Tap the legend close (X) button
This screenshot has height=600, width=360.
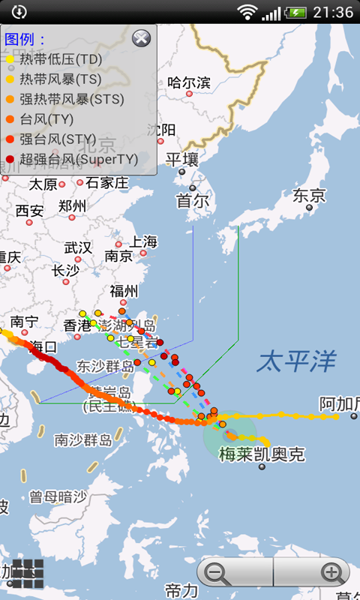pyautogui.click(x=140, y=39)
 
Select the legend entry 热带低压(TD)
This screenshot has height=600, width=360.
pyautogui.click(x=60, y=58)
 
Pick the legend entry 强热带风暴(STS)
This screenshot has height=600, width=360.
pyautogui.click(x=72, y=99)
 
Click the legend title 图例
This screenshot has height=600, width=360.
pyautogui.click(x=25, y=39)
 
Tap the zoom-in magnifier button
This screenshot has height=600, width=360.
pyautogui.click(x=331, y=574)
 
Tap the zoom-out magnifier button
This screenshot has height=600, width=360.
pyautogui.click(x=217, y=574)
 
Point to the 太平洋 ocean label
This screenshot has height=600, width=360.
pyautogui.click(x=296, y=361)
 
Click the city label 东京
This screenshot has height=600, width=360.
pyautogui.click(x=309, y=196)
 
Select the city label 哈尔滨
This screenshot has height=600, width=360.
pyautogui.click(x=189, y=82)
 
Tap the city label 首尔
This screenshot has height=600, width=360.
pyautogui.click(x=192, y=201)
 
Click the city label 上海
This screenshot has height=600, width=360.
pyautogui.click(x=143, y=241)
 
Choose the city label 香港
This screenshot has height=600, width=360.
pyautogui.click(x=76, y=325)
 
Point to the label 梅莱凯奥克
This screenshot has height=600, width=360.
pyautogui.click(x=262, y=454)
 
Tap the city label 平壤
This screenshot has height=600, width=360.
pyautogui.click(x=182, y=159)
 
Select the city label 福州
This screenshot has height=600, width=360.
pyautogui.click(x=124, y=291)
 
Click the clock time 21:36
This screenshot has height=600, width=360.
pyautogui.click(x=333, y=12)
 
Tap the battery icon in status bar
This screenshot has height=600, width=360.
pyautogui.click(x=296, y=12)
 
